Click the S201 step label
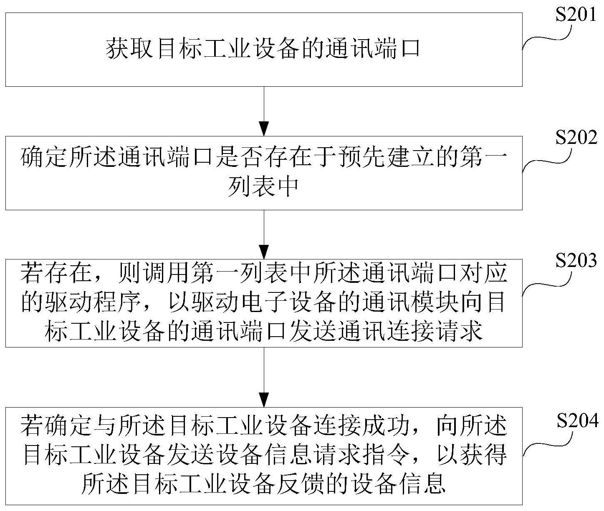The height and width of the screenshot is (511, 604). click(x=576, y=15)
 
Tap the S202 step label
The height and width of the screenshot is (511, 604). click(x=576, y=138)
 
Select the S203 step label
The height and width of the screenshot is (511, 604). click(x=576, y=261)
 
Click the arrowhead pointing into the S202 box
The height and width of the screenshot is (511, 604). click(x=263, y=128)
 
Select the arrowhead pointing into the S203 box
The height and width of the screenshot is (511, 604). click(x=263, y=252)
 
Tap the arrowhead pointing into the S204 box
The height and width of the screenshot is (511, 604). click(x=263, y=400)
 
